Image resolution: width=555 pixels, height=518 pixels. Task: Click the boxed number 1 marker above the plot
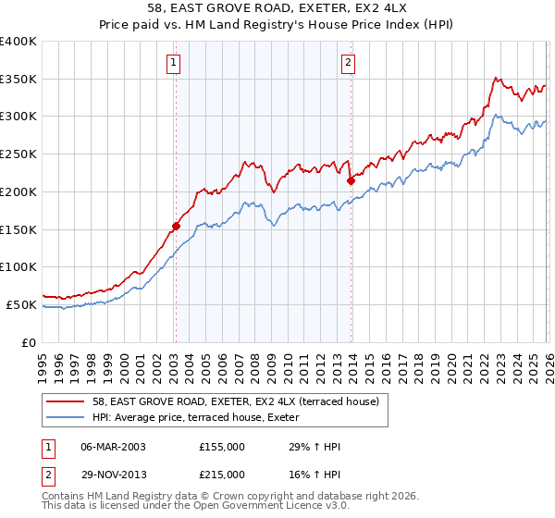(x=174, y=63)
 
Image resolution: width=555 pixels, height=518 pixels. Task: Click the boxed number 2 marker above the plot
(x=349, y=63)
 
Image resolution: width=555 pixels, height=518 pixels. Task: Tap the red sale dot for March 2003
(x=176, y=225)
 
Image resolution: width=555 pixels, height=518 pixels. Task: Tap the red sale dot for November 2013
(x=351, y=181)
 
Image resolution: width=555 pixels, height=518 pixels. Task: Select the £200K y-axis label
(x=18, y=191)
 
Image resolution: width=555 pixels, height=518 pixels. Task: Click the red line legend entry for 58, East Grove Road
(x=240, y=401)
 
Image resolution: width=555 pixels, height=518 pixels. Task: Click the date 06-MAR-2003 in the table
(x=113, y=447)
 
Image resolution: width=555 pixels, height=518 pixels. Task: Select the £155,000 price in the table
(x=222, y=447)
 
